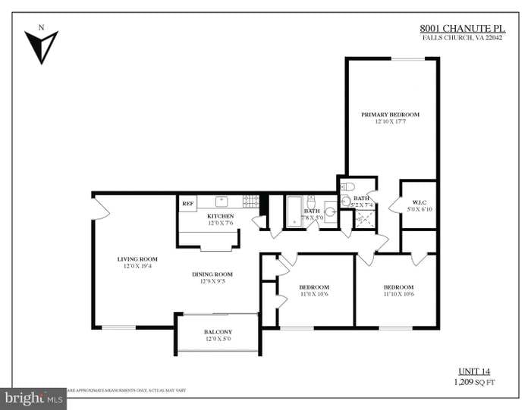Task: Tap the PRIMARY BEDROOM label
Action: click(x=390, y=114)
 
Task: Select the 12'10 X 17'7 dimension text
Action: click(x=390, y=121)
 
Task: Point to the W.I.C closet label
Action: click(x=418, y=202)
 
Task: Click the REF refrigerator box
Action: click(x=187, y=203)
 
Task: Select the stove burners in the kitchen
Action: click(x=251, y=201)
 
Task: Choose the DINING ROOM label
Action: click(x=212, y=274)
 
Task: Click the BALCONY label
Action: click(x=218, y=333)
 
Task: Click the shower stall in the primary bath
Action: click(x=366, y=218)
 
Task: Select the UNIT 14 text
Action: click(x=475, y=371)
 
